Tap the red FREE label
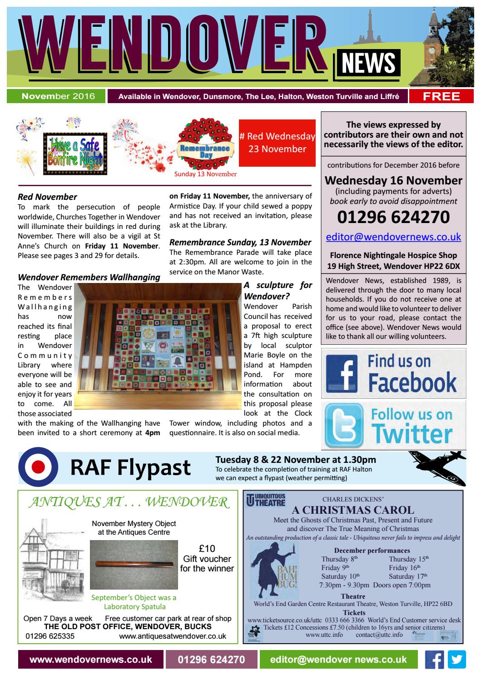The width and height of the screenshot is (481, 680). click(441, 96)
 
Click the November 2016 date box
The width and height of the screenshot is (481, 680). click(56, 96)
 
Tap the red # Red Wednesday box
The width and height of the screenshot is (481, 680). click(277, 143)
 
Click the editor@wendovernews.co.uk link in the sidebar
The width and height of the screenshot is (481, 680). click(393, 237)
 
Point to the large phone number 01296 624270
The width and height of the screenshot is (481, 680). click(393, 217)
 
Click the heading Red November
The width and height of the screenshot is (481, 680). click(47, 197)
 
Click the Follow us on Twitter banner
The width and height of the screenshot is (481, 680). click(393, 425)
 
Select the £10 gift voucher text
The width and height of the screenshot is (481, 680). click(207, 558)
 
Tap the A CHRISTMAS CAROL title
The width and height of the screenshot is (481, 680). click(353, 510)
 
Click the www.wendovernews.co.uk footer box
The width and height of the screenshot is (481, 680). click(90, 660)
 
